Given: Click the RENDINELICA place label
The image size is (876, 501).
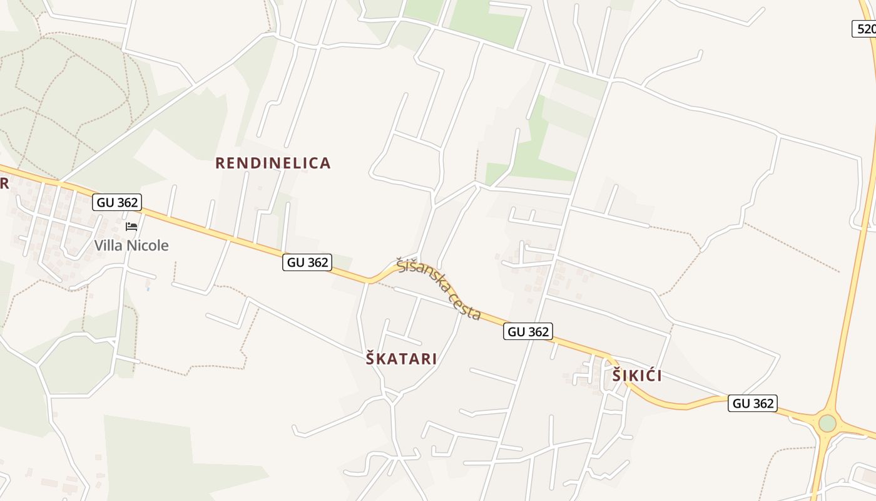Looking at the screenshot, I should tap(273, 163).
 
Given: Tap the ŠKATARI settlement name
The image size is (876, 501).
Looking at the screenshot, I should tap(401, 359).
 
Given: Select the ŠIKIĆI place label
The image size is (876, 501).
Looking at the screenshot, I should tap(637, 376).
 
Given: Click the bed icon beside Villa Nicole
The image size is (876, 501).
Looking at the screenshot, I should tap(131, 226).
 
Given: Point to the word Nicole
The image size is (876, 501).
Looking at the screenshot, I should tap(148, 245).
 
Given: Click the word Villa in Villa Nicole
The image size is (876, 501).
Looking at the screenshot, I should tap(108, 245).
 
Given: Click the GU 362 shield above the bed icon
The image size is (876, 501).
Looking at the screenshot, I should tap(117, 202).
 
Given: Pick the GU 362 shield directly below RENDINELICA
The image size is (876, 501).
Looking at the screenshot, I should tap(307, 262).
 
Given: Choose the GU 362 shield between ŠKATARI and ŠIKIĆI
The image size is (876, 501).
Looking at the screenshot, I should tap(528, 332).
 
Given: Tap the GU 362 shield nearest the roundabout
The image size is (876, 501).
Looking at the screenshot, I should tap(753, 403).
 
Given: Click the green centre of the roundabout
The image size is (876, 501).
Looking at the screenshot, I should tap(827, 423).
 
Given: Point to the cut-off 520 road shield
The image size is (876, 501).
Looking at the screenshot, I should tap(865, 29).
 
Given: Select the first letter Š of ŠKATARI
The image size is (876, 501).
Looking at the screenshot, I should tap(370, 359).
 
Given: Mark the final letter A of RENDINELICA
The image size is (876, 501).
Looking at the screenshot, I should tap(325, 163).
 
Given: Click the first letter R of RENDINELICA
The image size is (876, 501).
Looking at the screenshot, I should tap(220, 163).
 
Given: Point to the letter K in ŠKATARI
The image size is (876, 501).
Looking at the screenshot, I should tap(380, 359).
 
